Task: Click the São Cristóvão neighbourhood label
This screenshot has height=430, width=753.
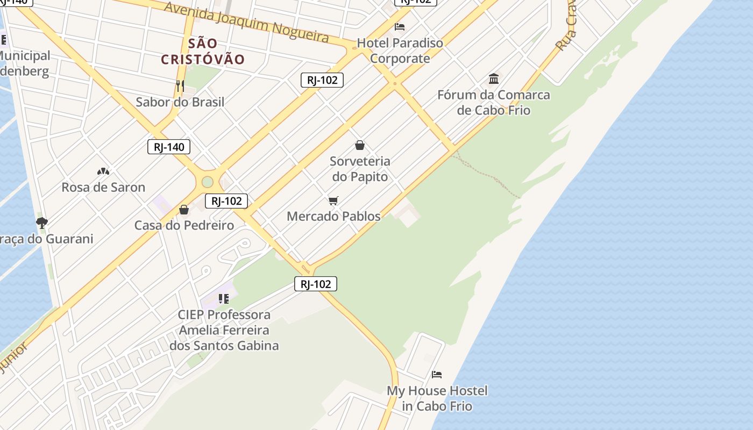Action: pos(203,51)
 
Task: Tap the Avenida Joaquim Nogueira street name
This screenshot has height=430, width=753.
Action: pos(246,22)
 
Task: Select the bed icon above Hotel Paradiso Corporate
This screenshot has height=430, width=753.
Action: pos(400,26)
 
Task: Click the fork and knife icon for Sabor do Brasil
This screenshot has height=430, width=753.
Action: pos(180,85)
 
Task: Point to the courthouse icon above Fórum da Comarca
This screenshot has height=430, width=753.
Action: pos(494,79)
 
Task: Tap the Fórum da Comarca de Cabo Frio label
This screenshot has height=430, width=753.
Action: pos(494,103)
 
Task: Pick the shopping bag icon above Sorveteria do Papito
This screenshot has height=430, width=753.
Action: pos(360,145)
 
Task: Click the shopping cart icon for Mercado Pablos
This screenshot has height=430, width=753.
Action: pos(333,201)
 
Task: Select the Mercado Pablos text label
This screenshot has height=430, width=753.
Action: pos(333,216)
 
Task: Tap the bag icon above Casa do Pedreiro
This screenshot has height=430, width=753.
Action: pos(184,210)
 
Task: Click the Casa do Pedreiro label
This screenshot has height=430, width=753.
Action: pos(184,225)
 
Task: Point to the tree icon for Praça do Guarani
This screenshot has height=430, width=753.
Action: pos(41,223)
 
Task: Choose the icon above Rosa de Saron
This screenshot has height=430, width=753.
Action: pos(103,171)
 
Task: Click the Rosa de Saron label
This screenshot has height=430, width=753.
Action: pos(103,188)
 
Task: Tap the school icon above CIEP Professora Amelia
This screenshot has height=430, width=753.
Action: pos(224,298)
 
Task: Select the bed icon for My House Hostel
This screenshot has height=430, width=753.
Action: pos(437,374)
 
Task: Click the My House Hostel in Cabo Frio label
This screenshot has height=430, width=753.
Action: pos(437,398)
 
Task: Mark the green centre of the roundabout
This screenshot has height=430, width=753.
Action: pos(207,182)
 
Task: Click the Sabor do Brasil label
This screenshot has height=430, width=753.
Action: pos(180,102)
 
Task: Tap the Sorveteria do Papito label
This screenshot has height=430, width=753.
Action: pos(360,168)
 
